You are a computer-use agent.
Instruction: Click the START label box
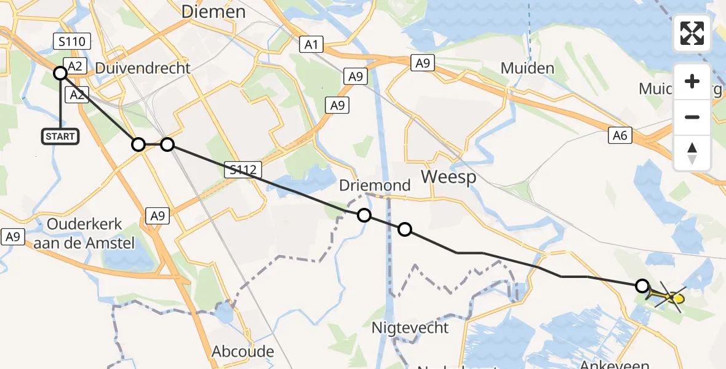[x=60, y=137]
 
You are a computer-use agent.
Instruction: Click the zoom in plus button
[x=692, y=81]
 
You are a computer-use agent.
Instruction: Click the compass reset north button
[x=692, y=153]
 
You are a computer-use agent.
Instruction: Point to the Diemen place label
[x=213, y=12]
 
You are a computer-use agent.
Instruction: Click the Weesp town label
[x=449, y=177]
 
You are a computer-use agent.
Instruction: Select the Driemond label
[x=374, y=185]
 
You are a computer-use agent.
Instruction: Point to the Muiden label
[x=527, y=68]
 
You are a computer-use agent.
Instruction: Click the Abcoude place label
[x=242, y=352]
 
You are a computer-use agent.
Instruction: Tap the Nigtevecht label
[x=410, y=327]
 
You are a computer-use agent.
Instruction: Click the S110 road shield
[x=72, y=42]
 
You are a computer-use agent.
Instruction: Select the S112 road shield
[x=244, y=170]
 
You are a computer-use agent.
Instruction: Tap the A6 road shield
[x=620, y=136]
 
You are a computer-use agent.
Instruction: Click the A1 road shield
[x=311, y=44]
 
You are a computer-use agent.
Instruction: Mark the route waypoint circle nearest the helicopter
[x=642, y=286]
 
